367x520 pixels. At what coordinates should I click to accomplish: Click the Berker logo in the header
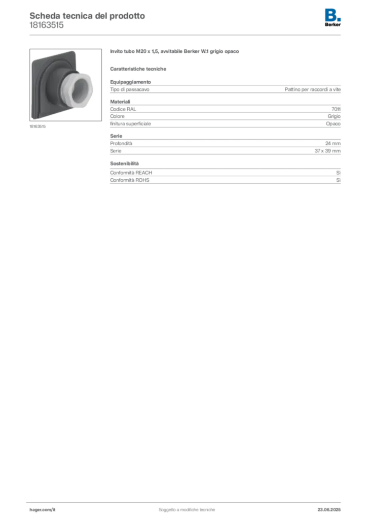333,18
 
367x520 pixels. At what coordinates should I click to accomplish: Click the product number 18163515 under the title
46,25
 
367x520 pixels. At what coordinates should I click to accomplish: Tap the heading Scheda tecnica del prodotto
87,16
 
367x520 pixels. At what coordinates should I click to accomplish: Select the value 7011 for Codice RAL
336,109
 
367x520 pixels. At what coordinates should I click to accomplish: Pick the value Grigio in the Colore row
334,116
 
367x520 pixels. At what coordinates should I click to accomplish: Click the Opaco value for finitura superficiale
333,124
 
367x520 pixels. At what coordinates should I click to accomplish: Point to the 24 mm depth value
333,143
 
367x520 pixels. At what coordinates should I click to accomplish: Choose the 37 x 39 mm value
327,151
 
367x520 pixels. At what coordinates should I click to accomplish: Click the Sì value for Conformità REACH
338,173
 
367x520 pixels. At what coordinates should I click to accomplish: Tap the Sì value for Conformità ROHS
338,180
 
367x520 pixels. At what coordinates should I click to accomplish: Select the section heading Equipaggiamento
130,82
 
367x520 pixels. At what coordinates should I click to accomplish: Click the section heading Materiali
120,102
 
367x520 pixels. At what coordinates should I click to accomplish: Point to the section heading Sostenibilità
124,164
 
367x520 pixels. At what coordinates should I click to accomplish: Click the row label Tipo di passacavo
130,89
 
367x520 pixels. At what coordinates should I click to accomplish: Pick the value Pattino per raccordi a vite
312,89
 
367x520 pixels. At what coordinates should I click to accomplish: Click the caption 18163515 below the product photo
38,126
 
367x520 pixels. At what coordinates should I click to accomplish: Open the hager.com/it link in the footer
43,510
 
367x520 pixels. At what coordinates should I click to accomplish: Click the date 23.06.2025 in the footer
329,510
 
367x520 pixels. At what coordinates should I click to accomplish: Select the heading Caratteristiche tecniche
138,69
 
